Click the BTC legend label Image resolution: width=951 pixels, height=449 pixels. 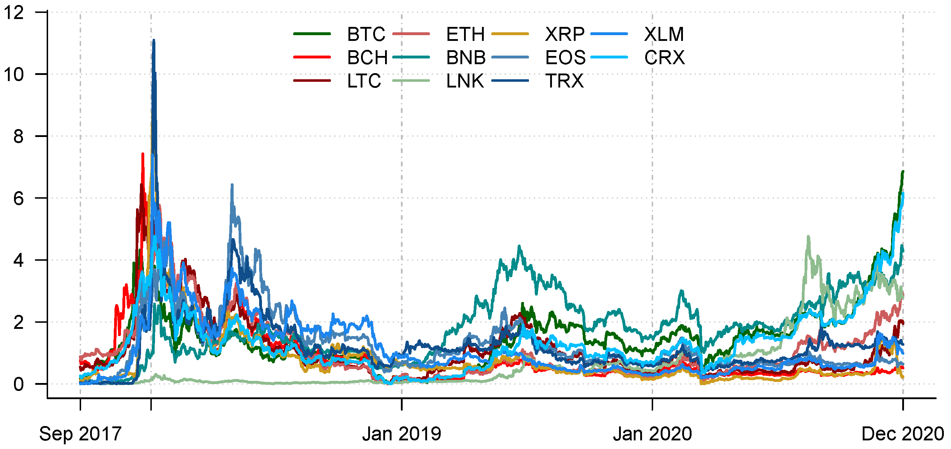[x=365, y=34]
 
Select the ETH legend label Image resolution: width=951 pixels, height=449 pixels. [x=465, y=34]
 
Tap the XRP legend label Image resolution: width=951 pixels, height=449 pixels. [x=564, y=34]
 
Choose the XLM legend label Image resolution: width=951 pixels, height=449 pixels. [x=664, y=34]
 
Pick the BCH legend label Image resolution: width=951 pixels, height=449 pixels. [x=367, y=57]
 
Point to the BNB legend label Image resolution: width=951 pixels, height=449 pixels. [x=465, y=57]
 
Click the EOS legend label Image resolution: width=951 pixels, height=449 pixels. [x=565, y=57]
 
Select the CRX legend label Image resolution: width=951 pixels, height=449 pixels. [x=664, y=57]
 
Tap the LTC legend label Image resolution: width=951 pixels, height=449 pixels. [x=364, y=81]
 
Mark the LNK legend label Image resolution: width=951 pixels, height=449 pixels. [x=465, y=81]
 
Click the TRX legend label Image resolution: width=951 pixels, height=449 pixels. [x=564, y=81]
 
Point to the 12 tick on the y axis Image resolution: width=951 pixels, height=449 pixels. [x=14, y=13]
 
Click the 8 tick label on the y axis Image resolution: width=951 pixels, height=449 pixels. [x=18, y=137]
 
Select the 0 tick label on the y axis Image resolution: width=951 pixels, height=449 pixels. [x=18, y=384]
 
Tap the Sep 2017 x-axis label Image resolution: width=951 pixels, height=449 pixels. [x=80, y=434]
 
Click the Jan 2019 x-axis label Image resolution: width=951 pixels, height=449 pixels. [x=401, y=434]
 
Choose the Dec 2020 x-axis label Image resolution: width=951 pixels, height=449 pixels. [x=902, y=434]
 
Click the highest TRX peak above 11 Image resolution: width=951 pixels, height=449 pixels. [x=154, y=40]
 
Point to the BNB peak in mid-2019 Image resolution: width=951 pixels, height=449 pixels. [x=519, y=246]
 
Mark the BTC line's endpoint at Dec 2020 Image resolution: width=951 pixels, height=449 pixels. [x=903, y=171]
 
